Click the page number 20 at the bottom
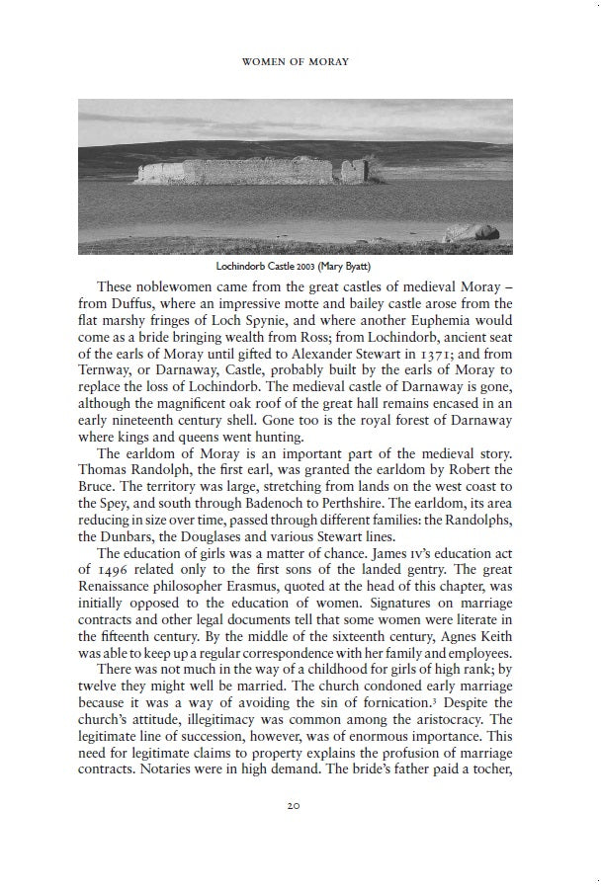[294, 806]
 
